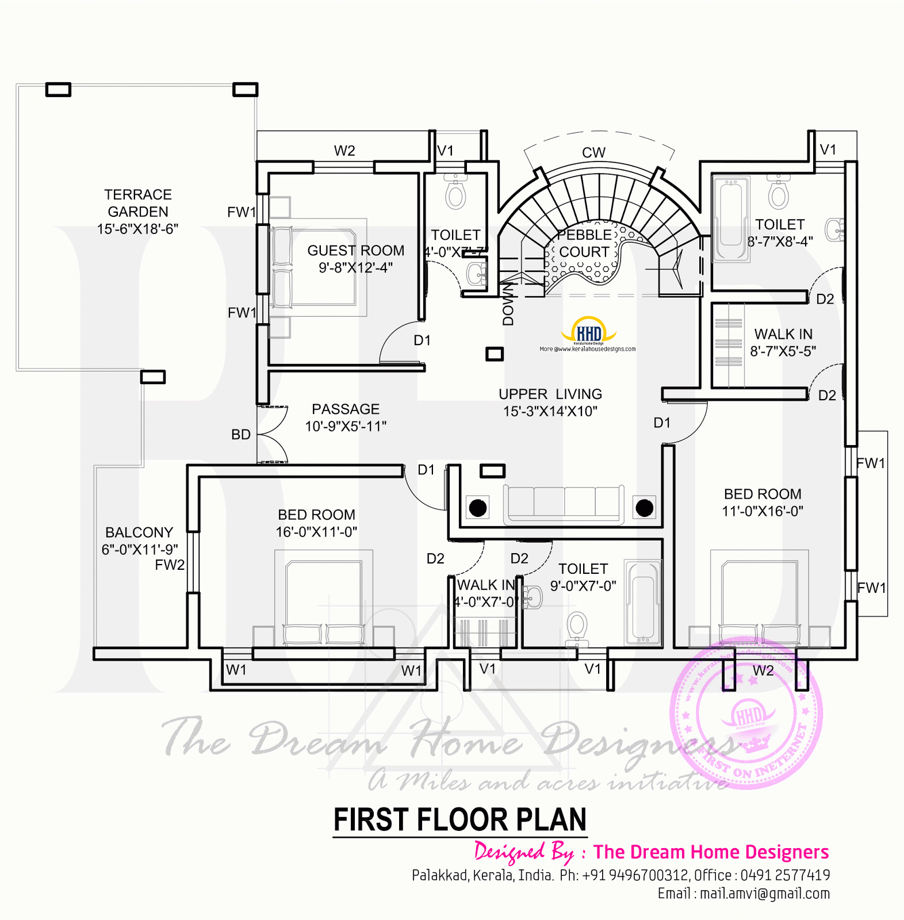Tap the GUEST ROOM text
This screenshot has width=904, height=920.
tap(355, 251)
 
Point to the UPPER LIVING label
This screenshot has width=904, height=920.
tap(550, 394)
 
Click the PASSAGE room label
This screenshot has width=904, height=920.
tap(345, 409)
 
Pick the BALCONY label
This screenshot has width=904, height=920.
tap(139, 532)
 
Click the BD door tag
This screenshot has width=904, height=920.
tap(241, 435)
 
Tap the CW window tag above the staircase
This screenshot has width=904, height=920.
tap(593, 152)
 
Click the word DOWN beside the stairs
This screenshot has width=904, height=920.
tap(508, 305)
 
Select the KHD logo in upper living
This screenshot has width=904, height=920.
tap(588, 332)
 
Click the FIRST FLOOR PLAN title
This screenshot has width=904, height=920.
tap(459, 819)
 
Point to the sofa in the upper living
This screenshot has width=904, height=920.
tap(564, 504)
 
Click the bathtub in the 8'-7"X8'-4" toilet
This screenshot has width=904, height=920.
tap(731, 218)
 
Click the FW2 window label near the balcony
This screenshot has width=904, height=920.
tap(170, 565)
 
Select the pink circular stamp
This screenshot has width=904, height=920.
tap(746, 713)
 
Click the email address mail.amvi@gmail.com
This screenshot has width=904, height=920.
tap(765, 894)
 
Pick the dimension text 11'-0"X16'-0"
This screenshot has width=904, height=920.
tap(763, 511)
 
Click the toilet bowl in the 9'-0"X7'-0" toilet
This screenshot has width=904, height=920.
tap(577, 626)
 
